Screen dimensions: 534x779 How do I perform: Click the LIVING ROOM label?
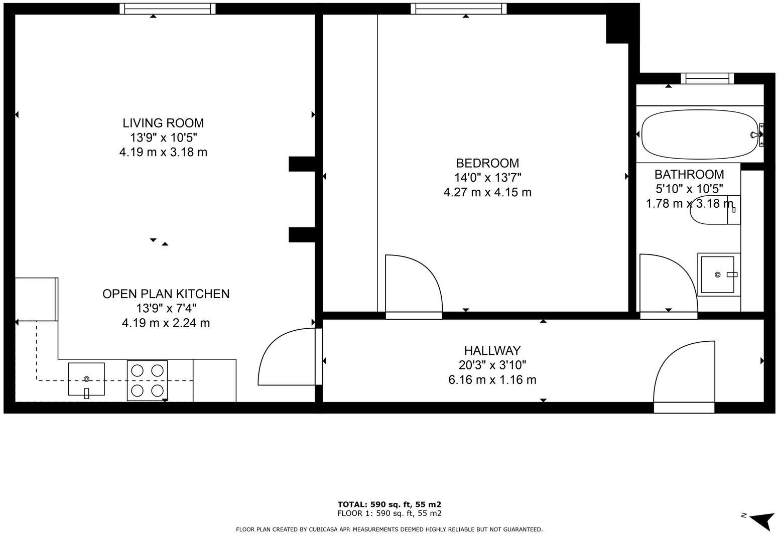(x=163, y=123)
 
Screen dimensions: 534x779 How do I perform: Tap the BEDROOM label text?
(x=487, y=163)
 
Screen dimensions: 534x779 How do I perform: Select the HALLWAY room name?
(x=492, y=350)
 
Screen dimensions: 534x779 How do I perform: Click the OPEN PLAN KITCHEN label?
(x=166, y=294)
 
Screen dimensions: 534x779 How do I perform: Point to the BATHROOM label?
(x=689, y=174)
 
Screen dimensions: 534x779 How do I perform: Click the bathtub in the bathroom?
(x=700, y=135)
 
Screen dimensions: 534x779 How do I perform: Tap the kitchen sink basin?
(x=86, y=379)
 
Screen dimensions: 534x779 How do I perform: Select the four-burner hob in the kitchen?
(x=148, y=380)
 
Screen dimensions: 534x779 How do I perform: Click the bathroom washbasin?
(x=719, y=275)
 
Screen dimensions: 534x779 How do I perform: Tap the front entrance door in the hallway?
(x=684, y=374)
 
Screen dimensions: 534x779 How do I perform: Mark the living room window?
(x=167, y=9)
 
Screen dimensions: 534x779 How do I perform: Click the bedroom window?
(x=458, y=9)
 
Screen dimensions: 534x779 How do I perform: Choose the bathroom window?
(x=707, y=78)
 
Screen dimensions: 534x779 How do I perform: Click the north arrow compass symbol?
(x=760, y=519)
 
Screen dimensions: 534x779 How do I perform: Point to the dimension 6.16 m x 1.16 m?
(x=492, y=380)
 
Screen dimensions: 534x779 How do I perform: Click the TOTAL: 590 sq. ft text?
(x=389, y=504)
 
